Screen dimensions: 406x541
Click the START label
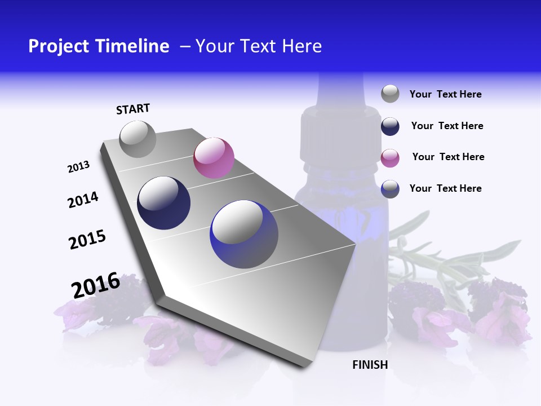[x=133, y=109]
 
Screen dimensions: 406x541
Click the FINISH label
[x=370, y=365]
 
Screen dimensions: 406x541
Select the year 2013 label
[x=78, y=167]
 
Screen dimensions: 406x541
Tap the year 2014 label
[x=83, y=200]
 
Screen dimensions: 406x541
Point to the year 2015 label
[x=87, y=240]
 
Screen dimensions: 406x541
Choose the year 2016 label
[x=96, y=285]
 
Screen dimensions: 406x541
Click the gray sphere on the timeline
[x=138, y=139]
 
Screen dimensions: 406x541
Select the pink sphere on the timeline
[x=214, y=157]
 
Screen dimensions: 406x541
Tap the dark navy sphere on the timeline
[x=163, y=203]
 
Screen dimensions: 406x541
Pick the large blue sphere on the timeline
[x=244, y=234]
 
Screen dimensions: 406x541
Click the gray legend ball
[x=390, y=94]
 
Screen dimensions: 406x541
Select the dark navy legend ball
[x=390, y=126]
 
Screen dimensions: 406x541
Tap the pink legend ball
[x=390, y=158]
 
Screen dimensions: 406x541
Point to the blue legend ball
[x=390, y=189]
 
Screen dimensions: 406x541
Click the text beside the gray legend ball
[x=445, y=94]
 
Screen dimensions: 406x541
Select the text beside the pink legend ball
[x=448, y=157]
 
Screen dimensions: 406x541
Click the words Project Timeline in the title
[x=99, y=46]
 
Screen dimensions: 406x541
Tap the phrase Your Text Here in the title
[x=259, y=46]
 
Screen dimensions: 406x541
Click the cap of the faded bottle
[x=340, y=133]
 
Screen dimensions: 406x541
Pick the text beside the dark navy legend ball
[x=447, y=126]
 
